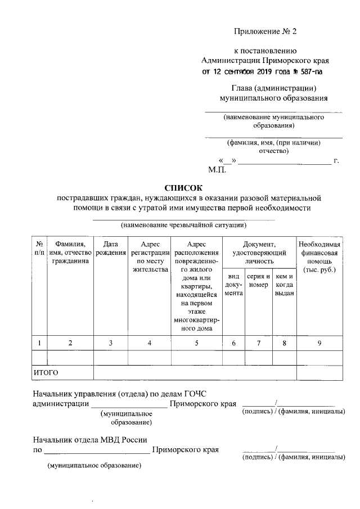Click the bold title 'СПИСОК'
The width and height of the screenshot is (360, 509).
[x=182, y=188]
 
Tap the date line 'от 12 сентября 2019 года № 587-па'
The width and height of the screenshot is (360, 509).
[x=263, y=72]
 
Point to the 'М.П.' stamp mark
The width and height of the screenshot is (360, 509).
[x=217, y=169]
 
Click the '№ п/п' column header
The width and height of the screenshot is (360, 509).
[x=39, y=248]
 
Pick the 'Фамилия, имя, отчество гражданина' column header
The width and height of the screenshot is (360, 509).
[x=70, y=253]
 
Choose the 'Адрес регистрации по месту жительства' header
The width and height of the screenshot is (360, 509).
[x=149, y=256]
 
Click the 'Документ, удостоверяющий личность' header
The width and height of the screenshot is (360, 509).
[x=259, y=253]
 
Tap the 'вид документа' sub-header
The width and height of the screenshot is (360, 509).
[x=233, y=285]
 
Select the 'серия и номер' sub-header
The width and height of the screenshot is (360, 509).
[x=259, y=281]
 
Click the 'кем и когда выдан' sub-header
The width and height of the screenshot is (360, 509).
[x=284, y=285]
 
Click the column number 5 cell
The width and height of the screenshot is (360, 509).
[x=197, y=343]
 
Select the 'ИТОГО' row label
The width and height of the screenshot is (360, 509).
[x=46, y=372]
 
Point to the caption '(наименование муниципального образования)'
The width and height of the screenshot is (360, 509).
[x=273, y=121]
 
